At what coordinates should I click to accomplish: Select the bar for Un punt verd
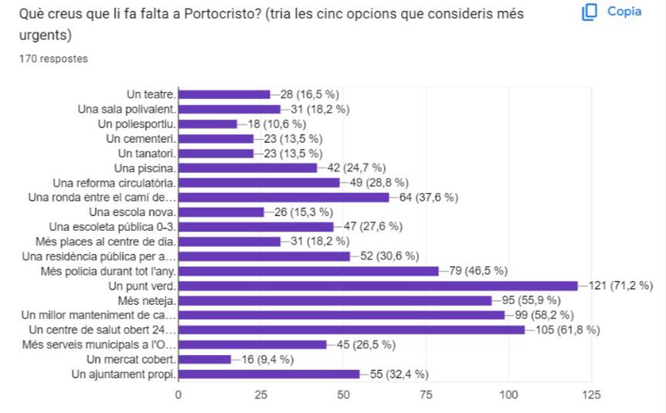(378, 286)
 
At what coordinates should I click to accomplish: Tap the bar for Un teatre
(224, 94)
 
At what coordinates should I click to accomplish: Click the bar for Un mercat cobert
(205, 359)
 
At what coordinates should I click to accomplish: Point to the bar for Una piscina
(247, 168)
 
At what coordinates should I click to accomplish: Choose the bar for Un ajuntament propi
(269, 374)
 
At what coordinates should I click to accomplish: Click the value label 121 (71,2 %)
(620, 286)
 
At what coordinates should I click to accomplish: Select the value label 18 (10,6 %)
(276, 124)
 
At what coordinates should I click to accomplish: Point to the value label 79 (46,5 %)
(474, 271)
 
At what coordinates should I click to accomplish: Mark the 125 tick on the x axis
(591, 395)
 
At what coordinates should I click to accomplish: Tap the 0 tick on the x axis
(178, 395)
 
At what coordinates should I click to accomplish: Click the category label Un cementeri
(141, 138)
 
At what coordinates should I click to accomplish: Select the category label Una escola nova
(133, 212)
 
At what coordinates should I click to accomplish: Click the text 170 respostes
(53, 59)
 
